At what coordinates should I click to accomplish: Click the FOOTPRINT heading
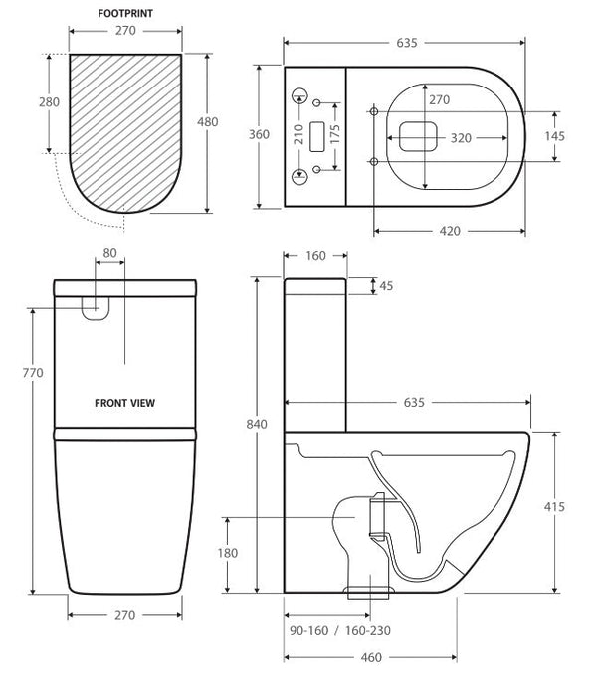click(x=125, y=13)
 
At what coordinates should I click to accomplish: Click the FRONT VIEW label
click(x=124, y=403)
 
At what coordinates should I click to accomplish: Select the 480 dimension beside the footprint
click(x=207, y=121)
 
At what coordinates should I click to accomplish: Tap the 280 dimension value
click(x=49, y=102)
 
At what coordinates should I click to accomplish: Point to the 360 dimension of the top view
click(x=259, y=134)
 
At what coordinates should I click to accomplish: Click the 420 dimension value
click(x=450, y=231)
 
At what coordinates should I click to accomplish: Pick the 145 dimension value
click(x=555, y=136)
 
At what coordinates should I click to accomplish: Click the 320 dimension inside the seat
click(x=461, y=138)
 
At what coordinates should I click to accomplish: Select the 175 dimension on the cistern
click(x=335, y=134)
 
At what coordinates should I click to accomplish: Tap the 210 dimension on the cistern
click(x=298, y=134)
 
